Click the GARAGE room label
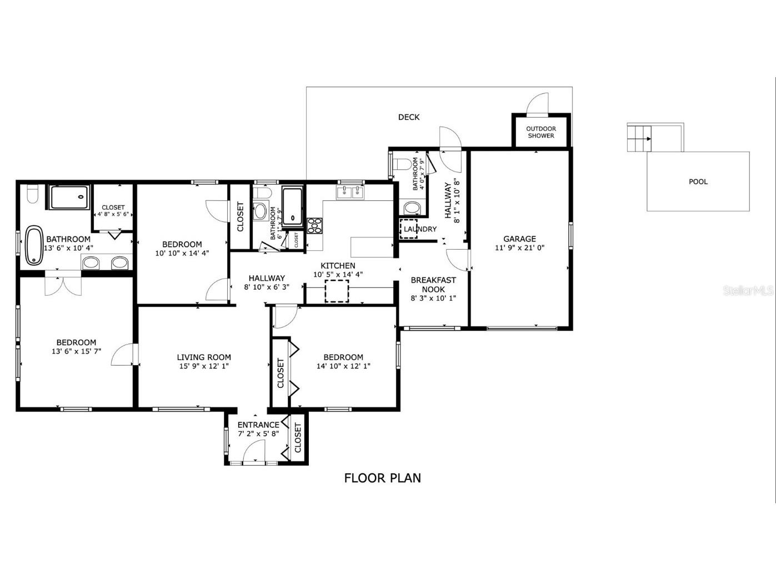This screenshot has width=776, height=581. (519, 239)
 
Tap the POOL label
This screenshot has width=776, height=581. (698, 181)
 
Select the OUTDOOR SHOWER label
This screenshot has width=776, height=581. (541, 132)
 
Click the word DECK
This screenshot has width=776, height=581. (409, 117)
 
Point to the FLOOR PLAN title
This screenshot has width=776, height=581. (382, 478)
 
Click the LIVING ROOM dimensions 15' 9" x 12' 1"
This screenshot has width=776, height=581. (204, 366)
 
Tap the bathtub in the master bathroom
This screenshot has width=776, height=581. (34, 245)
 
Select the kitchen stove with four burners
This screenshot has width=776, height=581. (315, 225)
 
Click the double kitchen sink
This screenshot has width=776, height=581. (350, 193)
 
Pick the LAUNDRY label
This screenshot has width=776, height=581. (420, 229)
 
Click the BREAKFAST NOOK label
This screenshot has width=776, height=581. (433, 285)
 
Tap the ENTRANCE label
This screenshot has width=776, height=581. (258, 425)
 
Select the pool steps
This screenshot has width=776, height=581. (639, 138)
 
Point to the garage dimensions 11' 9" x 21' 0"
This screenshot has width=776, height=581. (519, 248)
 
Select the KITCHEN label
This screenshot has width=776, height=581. (338, 266)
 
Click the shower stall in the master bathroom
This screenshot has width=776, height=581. (69, 197)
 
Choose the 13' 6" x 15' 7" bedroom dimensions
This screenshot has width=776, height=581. (76, 351)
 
